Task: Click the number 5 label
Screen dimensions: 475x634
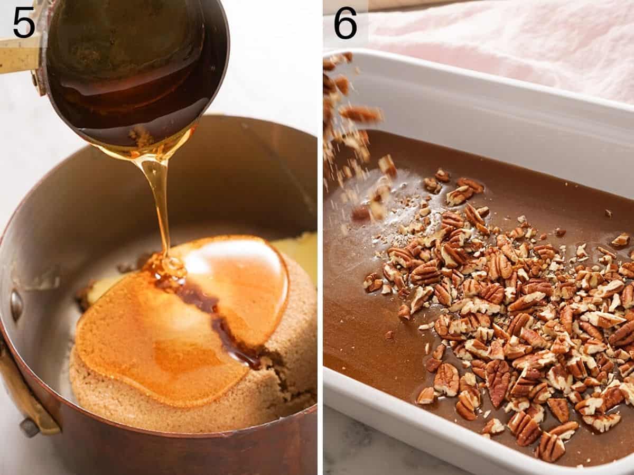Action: coord(24,22)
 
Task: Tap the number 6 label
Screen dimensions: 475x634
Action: coord(346,22)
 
